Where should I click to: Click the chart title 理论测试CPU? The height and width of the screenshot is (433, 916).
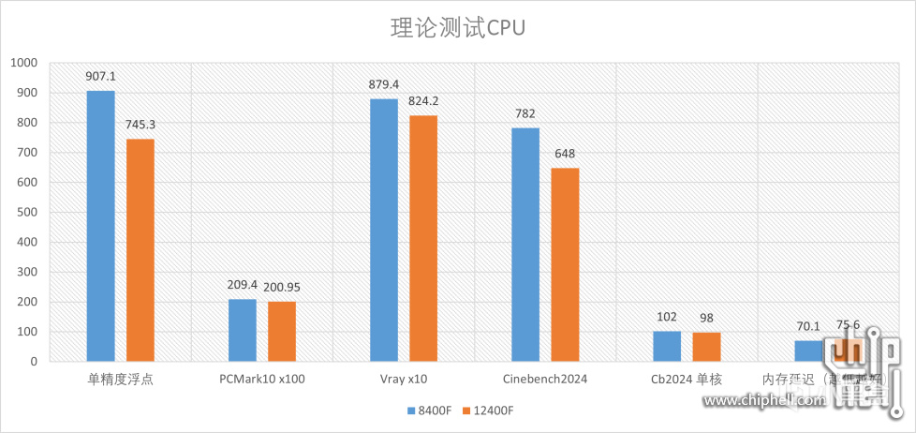pyautogui.click(x=458, y=27)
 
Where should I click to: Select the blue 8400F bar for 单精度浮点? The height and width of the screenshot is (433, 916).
pyautogui.click(x=100, y=226)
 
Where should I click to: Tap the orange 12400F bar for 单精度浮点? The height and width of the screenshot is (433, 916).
pyautogui.click(x=140, y=249)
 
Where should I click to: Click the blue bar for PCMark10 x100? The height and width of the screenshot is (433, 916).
pyautogui.click(x=243, y=330)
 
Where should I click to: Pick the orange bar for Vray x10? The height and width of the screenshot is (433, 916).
pyautogui.click(x=423, y=238)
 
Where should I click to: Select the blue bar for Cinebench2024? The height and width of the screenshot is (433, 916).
pyautogui.click(x=525, y=245)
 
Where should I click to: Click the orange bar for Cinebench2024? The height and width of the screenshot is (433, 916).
pyautogui.click(x=565, y=264)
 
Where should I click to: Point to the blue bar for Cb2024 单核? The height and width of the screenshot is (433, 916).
pyautogui.click(x=667, y=346)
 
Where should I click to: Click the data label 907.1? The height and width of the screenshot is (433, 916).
pyautogui.click(x=100, y=77)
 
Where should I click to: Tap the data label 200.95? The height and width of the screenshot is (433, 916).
pyautogui.click(x=282, y=288)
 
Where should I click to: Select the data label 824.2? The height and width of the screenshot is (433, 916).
pyautogui.click(x=423, y=101)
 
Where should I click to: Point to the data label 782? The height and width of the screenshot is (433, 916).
pyautogui.click(x=525, y=114)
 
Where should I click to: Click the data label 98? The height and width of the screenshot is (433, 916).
pyautogui.click(x=706, y=318)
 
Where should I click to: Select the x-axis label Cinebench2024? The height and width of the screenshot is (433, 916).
pyautogui.click(x=545, y=380)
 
